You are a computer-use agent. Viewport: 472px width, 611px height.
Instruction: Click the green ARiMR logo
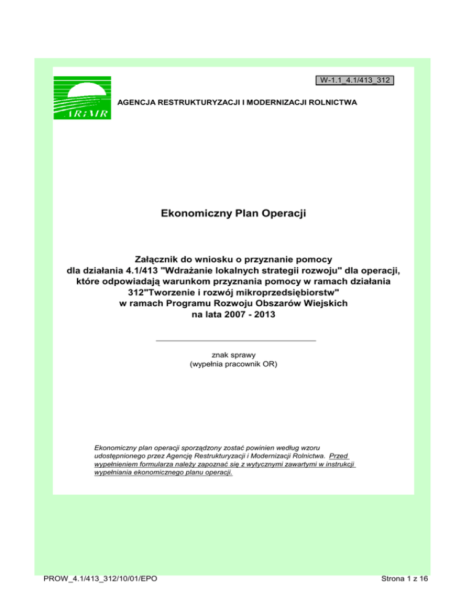point(82,97)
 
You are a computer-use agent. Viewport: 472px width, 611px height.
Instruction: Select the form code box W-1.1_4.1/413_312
point(355,80)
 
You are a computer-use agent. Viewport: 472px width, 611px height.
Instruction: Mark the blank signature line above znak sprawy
point(236,340)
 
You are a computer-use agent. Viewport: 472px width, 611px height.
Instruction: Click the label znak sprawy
point(236,355)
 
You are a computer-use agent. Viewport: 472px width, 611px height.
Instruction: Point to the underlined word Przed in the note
point(339,457)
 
